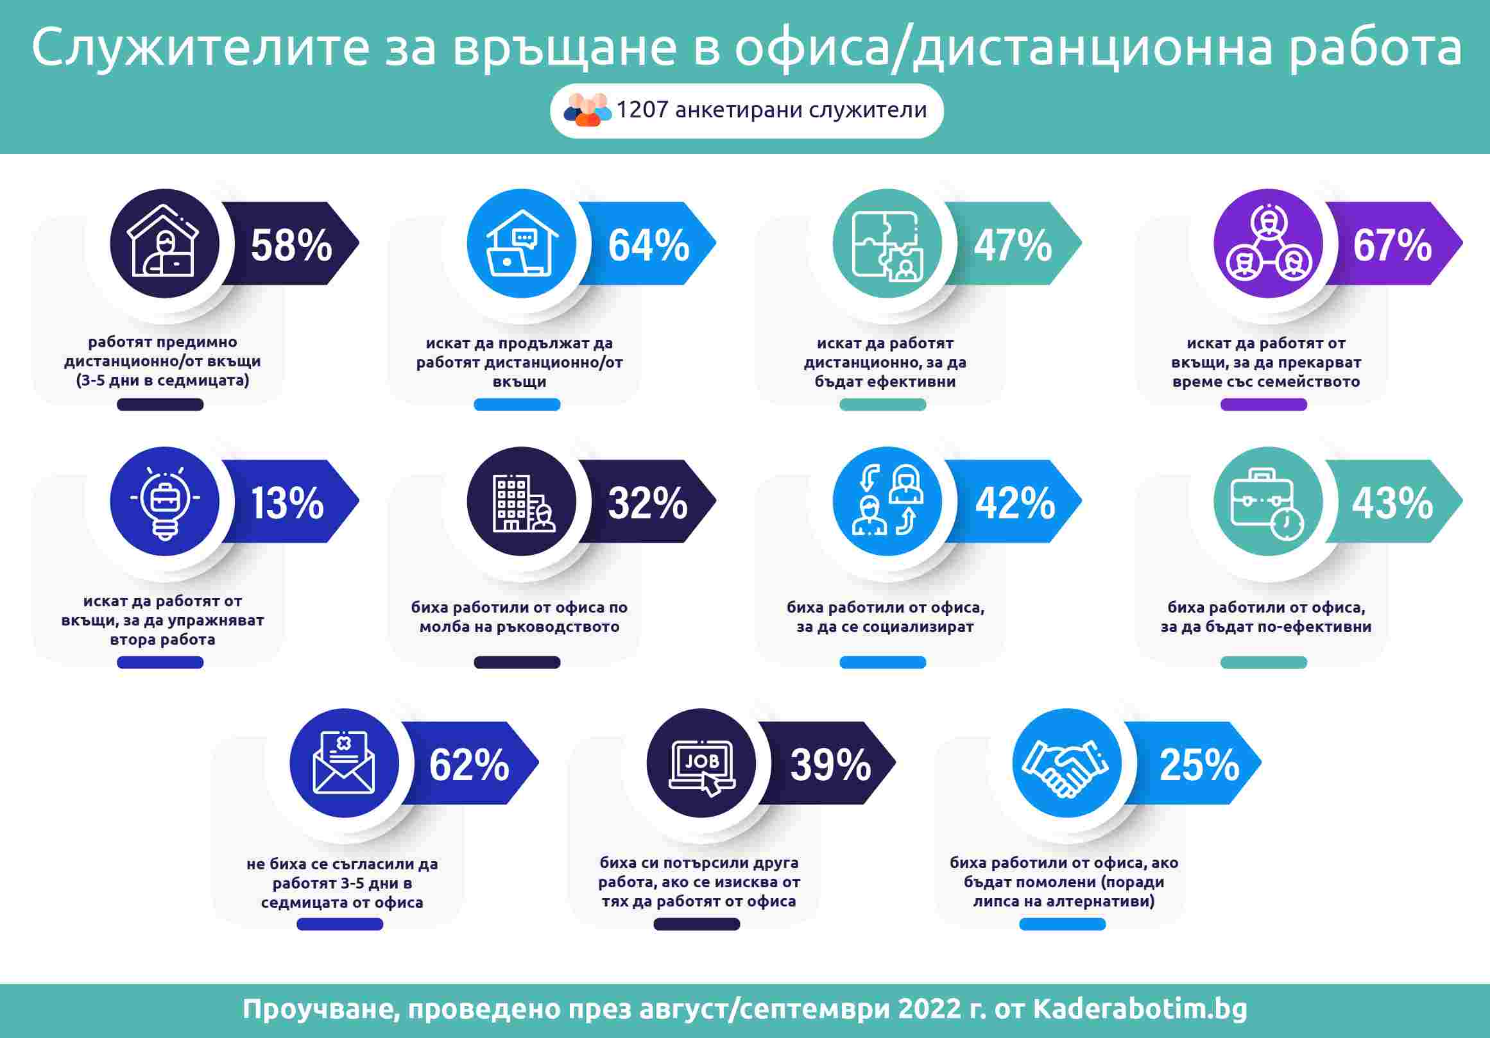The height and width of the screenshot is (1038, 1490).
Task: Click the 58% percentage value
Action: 291,245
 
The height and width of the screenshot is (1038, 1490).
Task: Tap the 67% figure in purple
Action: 1392,245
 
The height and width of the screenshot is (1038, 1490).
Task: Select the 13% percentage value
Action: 287,503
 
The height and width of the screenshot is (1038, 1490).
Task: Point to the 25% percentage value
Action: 1199,764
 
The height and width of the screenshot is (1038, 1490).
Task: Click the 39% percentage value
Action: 830,764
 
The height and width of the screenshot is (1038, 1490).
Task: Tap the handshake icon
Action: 1066,763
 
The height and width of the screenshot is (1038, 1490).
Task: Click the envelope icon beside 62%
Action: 344,763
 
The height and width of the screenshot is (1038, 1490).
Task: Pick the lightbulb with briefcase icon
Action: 165,502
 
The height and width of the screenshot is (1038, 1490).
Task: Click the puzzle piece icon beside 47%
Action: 887,244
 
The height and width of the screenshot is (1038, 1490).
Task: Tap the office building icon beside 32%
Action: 522,502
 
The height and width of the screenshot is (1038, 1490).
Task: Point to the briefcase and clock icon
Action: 1267,502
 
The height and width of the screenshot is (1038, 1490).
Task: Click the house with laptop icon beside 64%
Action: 522,244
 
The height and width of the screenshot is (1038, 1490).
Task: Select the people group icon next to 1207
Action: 587,110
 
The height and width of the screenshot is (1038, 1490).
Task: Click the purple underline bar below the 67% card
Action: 1263,405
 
